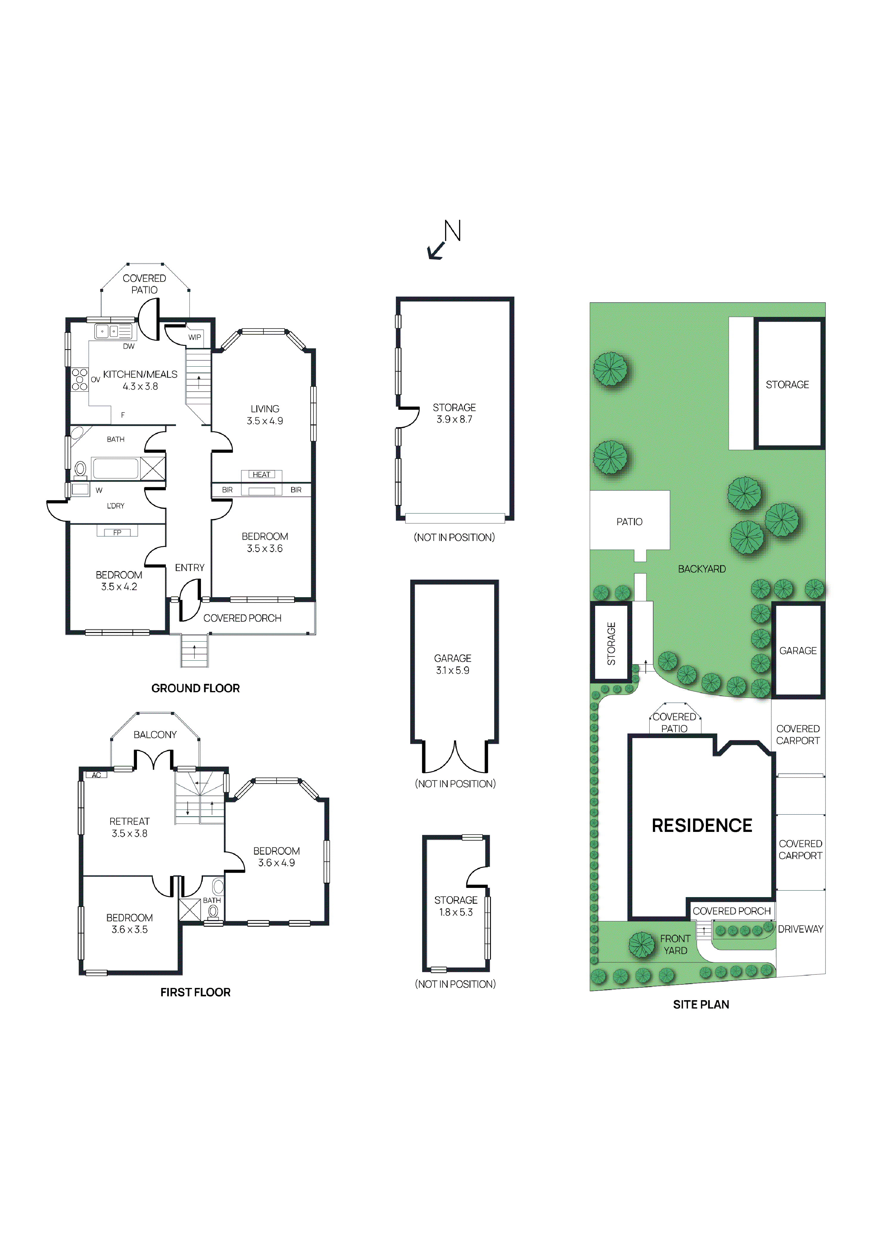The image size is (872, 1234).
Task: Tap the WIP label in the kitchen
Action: (194, 337)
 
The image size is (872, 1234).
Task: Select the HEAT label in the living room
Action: (262, 474)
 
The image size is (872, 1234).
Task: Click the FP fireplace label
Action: (117, 533)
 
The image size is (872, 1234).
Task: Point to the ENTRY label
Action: (190, 567)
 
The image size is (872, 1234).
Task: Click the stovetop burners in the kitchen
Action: (79, 379)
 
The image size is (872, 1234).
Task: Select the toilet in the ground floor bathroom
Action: (81, 469)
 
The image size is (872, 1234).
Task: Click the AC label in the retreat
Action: (96, 775)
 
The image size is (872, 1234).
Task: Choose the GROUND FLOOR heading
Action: (196, 688)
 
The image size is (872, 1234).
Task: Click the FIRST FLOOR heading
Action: (196, 992)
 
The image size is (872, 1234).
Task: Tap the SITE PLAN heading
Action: (701, 1005)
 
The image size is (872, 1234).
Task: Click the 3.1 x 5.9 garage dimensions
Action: (453, 670)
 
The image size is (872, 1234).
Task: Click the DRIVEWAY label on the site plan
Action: (801, 929)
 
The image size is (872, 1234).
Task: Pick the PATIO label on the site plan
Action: (630, 521)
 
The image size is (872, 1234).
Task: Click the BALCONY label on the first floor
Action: (155, 735)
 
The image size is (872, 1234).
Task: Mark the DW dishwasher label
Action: (129, 346)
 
